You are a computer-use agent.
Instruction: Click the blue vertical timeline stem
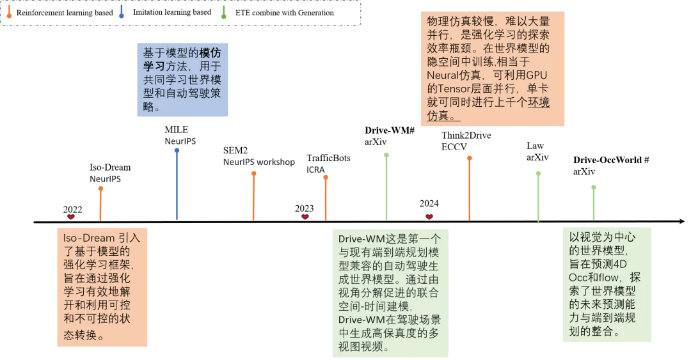177,185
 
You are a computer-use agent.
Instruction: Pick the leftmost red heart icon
71,217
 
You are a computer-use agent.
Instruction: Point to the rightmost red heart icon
429,215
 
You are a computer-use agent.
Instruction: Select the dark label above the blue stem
181,140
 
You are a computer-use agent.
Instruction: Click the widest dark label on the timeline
258,164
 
